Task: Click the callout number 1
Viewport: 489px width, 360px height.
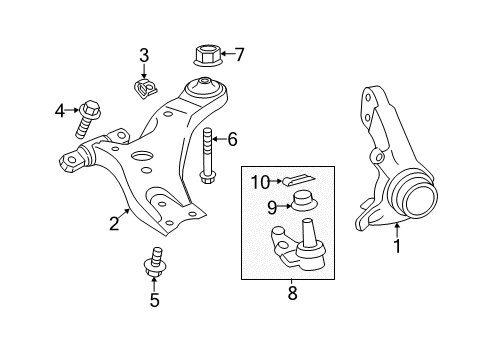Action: coord(397,246)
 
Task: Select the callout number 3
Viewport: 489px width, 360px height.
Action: coord(144,54)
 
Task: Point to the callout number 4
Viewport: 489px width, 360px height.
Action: coord(59,109)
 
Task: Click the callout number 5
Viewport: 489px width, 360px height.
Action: coord(155,299)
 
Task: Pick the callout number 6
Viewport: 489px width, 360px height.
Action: coord(232,140)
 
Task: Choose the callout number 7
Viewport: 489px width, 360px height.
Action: coord(238,54)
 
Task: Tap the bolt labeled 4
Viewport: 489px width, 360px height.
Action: coord(86,121)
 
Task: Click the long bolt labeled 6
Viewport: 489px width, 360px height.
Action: coord(207,156)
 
